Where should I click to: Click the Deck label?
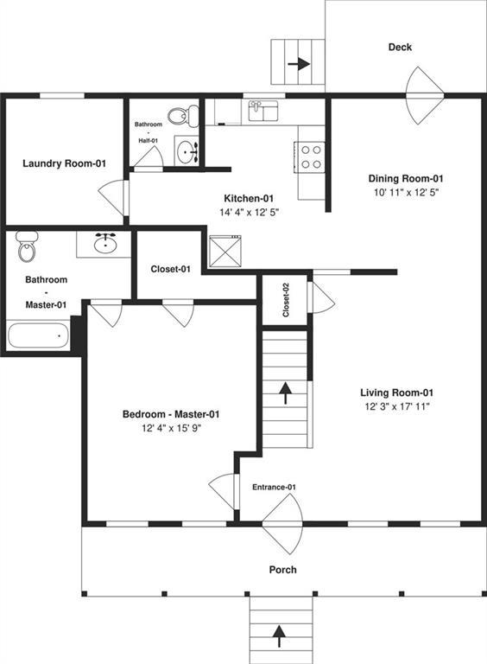[x=400, y=48]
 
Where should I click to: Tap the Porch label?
[x=282, y=570]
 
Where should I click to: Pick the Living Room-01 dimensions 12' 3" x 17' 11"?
[x=397, y=405]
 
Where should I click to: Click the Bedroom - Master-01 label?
[x=170, y=414]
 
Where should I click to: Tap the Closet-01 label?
[x=170, y=269]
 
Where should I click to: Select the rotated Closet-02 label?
[x=286, y=299]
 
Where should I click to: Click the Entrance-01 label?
[x=274, y=488]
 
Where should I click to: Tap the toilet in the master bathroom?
[x=28, y=247]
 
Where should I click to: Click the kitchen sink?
[x=262, y=110]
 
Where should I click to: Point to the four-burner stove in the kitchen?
[x=311, y=156]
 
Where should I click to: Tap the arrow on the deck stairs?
[x=299, y=63]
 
